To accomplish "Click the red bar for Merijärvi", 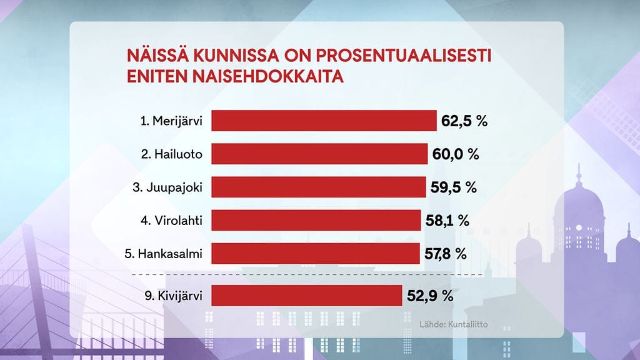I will tap(324, 121).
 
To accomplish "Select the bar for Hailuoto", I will tap(319, 154).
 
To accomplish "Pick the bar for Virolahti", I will tap(316, 220).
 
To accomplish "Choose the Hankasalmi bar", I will tap(315, 253).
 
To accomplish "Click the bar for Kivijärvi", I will tap(306, 296).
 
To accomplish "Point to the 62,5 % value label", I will tap(464, 121).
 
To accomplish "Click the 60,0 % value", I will tap(455, 154).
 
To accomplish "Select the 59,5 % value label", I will tap(454, 187).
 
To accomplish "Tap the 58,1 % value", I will tap(446, 220).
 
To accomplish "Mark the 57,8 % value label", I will tap(444, 253).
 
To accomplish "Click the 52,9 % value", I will tap(430, 296).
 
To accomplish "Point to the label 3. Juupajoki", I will tap(172, 187).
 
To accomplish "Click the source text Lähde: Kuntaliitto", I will tap(454, 325).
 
